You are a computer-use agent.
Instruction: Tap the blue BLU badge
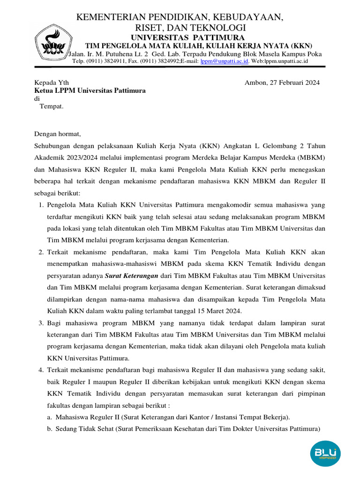(x=325, y=453)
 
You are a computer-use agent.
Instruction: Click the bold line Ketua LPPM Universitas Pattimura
(x=90, y=90)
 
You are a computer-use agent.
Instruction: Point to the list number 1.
(x=41, y=205)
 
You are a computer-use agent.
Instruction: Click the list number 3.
(x=41, y=323)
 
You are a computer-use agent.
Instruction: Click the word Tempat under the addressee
(x=51, y=106)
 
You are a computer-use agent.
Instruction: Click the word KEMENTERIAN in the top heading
(x=108, y=18)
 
